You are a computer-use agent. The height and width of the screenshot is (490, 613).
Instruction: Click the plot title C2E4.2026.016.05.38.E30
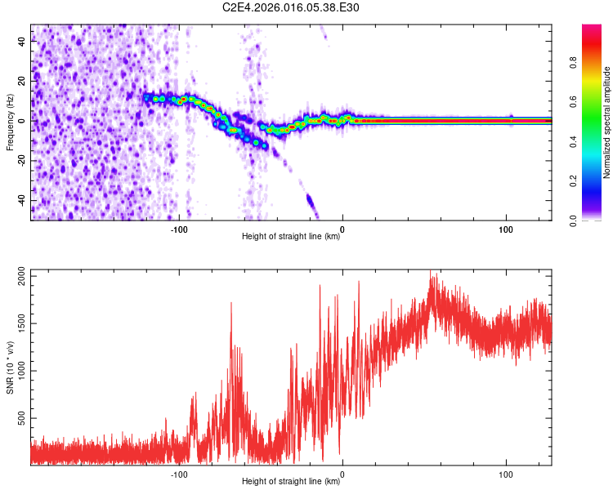tap(291, 7)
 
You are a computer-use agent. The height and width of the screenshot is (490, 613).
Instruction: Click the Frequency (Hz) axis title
tap(10, 122)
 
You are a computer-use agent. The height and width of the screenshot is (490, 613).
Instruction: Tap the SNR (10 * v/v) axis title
tap(10, 367)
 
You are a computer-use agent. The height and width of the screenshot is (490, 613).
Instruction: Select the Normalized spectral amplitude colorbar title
tap(607, 122)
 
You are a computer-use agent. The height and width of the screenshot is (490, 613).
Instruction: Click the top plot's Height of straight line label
tap(291, 237)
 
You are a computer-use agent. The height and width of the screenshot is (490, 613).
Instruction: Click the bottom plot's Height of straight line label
tap(291, 482)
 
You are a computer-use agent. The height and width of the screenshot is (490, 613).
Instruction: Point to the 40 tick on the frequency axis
tap(21, 42)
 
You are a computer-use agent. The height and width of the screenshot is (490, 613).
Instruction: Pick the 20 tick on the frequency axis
tap(21, 82)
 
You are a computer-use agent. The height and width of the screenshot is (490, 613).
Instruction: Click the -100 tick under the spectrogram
tap(179, 228)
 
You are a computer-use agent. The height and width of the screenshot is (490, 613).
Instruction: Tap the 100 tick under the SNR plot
tap(506, 474)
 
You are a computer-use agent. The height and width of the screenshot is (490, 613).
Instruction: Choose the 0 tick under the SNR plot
tap(342, 474)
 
